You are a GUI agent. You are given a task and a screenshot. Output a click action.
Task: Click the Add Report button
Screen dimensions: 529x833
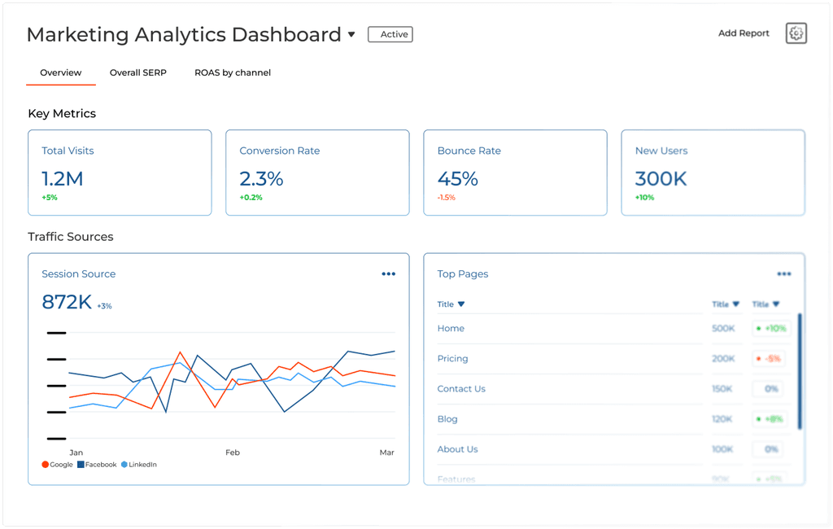(x=744, y=33)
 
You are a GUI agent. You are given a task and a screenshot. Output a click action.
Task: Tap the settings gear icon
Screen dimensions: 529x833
(x=796, y=33)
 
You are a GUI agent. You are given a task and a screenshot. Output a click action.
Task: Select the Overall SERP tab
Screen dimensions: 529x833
(x=138, y=72)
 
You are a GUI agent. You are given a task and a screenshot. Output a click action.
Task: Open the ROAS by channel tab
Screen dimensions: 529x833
(x=233, y=72)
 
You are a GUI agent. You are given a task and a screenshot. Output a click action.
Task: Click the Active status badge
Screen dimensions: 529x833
(x=390, y=34)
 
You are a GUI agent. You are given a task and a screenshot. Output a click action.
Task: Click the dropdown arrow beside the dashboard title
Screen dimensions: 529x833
(x=351, y=35)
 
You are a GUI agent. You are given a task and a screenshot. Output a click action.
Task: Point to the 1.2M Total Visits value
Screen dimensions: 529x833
(x=63, y=178)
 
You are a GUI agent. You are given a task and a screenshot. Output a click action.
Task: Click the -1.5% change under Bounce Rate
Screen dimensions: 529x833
(x=447, y=197)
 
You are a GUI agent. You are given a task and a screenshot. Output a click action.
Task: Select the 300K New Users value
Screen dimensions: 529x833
(x=661, y=178)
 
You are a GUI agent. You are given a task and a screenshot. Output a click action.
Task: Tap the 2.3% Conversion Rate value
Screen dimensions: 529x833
(x=261, y=178)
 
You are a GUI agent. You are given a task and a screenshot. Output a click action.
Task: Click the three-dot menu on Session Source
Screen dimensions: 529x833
(x=389, y=274)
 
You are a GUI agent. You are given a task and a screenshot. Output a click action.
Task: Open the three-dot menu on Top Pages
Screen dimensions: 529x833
(x=784, y=274)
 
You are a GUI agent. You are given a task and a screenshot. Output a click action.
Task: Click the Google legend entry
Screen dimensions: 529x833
(x=57, y=465)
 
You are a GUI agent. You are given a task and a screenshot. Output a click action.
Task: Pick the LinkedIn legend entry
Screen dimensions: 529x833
(x=139, y=465)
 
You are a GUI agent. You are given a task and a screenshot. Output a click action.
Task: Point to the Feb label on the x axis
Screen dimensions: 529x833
(x=233, y=452)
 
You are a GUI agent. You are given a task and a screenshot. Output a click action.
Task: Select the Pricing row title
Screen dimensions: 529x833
(x=452, y=358)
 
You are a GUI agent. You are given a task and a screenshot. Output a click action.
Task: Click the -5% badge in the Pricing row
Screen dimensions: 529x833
(x=769, y=358)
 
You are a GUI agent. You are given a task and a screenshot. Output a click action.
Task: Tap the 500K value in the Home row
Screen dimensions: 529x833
(x=723, y=328)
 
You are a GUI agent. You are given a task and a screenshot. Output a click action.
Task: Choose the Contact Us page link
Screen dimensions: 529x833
(x=461, y=388)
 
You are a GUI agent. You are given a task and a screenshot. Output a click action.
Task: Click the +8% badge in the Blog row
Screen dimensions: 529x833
(x=769, y=419)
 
